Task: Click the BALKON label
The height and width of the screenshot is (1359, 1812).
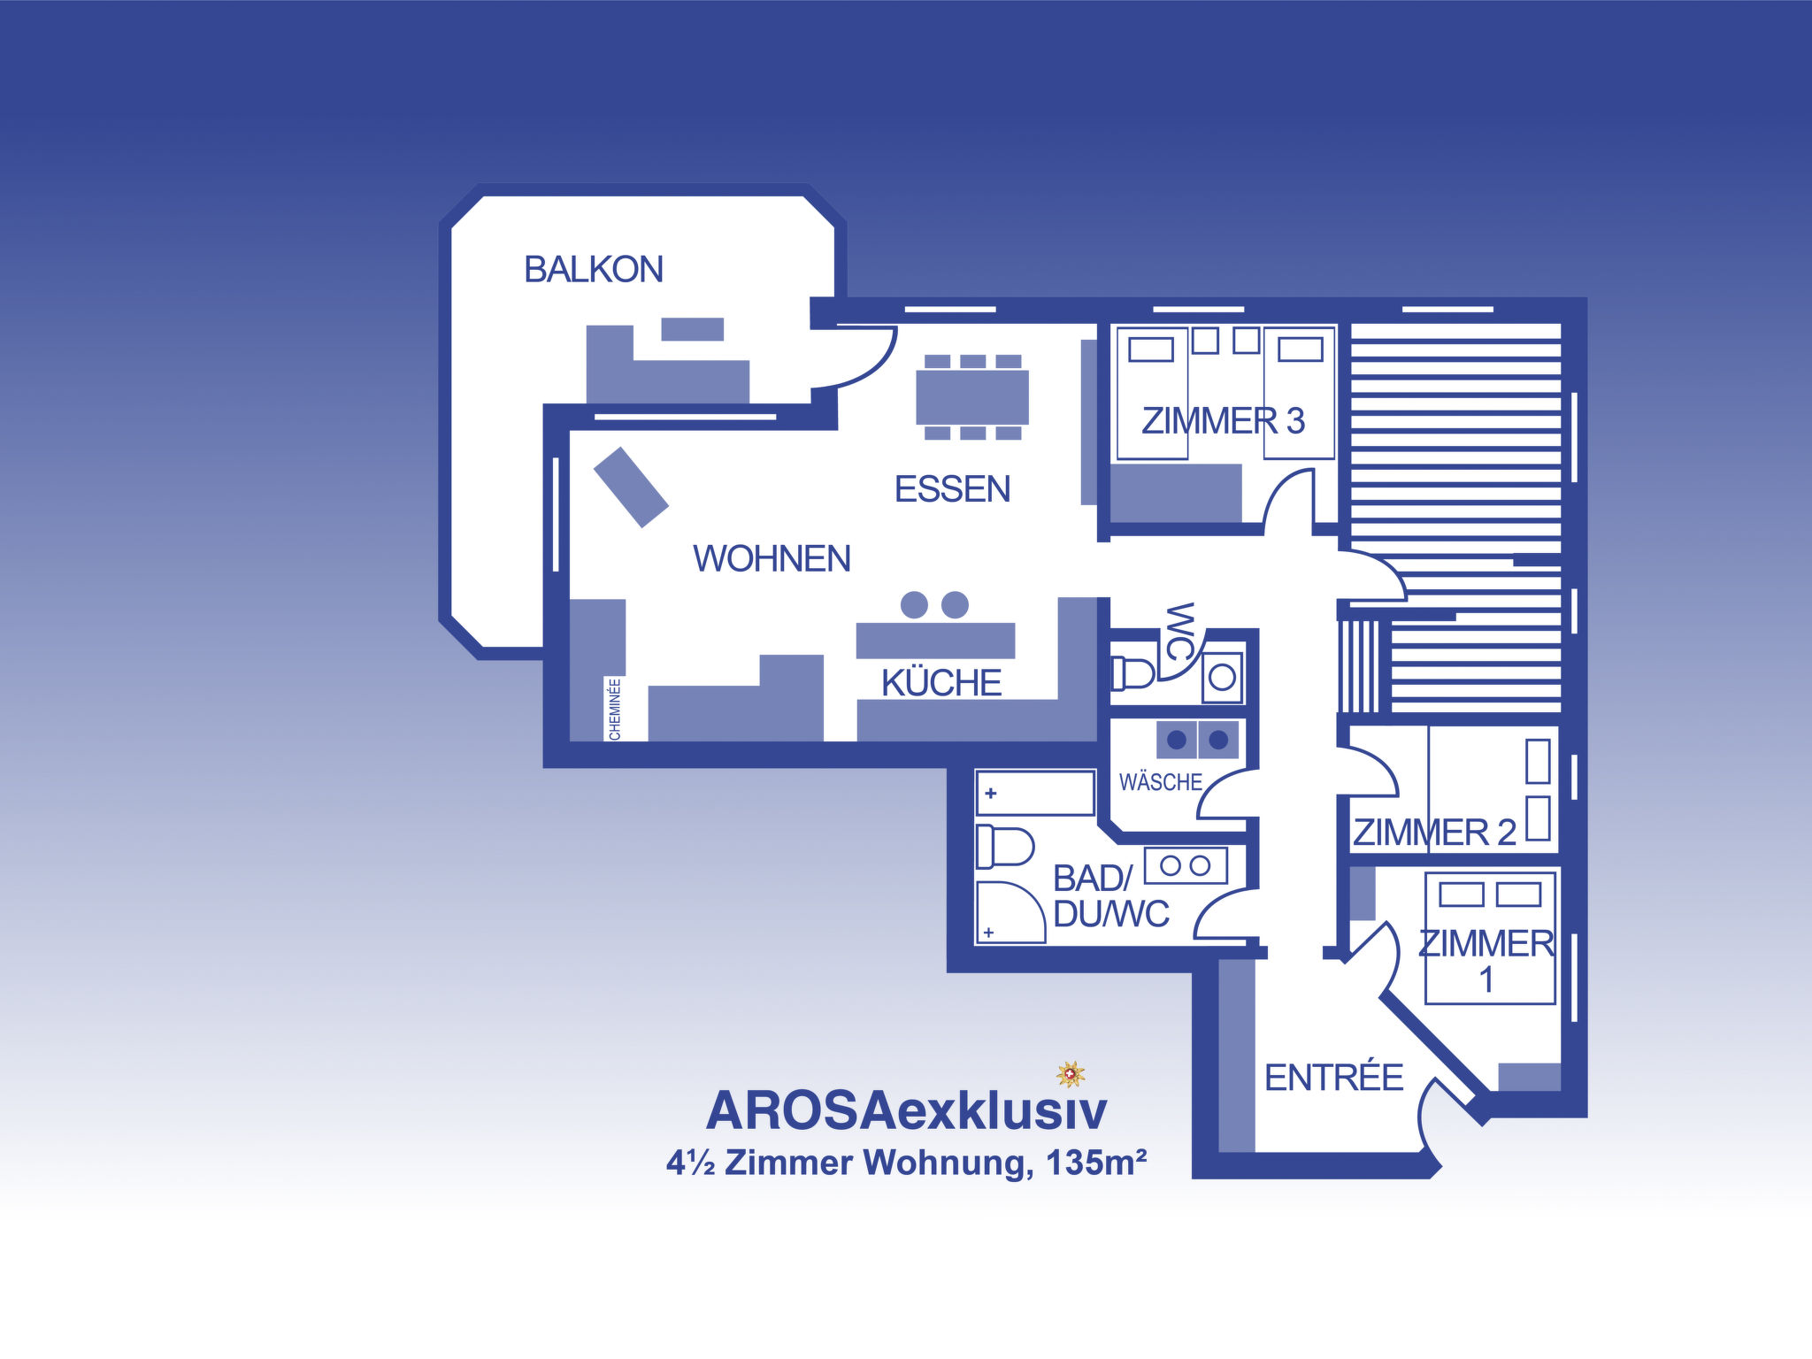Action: pos(594,269)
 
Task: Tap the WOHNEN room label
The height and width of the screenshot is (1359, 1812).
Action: pos(772,558)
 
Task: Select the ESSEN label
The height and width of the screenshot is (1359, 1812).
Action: pos(952,489)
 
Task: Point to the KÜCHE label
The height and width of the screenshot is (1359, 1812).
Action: pos(941,682)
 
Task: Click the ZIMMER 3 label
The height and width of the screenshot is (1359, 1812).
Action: pos(1223,421)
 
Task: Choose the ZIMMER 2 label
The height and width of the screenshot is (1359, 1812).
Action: pos(1434,833)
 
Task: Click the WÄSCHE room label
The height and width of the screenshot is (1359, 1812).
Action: pos(1160,781)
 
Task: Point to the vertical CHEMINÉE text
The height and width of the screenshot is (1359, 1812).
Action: pos(615,709)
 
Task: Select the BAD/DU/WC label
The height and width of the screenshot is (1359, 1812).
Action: pos(1111,896)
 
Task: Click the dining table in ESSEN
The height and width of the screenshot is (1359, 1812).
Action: pos(972,397)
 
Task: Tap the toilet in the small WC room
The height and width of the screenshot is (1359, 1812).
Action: pos(1132,673)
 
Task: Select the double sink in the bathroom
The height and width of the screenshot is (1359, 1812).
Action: pos(1186,865)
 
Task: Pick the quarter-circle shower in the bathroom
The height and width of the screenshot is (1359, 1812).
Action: pos(1010,912)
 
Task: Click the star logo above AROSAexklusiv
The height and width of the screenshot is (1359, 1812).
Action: pos(1071,1074)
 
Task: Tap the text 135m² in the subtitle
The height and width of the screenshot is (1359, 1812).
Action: pos(1096,1162)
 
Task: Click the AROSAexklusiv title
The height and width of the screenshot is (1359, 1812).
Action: pos(906,1110)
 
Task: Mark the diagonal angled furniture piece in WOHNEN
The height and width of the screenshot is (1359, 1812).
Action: pos(631,488)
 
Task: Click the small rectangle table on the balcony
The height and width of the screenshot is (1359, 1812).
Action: pos(693,329)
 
